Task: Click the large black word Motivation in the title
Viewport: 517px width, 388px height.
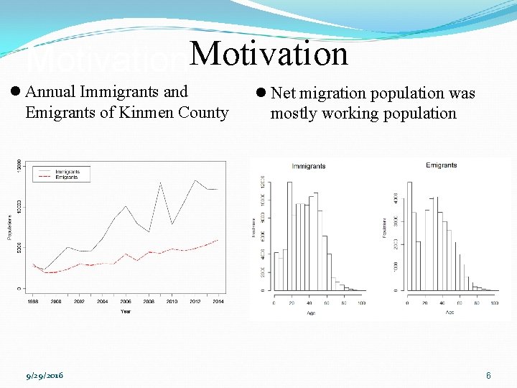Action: pos(269,54)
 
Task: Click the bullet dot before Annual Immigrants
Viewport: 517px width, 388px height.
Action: pos(16,92)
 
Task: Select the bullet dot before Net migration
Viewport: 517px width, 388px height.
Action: pos(261,93)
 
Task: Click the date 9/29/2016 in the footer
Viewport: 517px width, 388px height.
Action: pos(45,376)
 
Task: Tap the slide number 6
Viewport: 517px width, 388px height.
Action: pos(488,376)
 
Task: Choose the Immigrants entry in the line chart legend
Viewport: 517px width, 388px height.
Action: pos(67,172)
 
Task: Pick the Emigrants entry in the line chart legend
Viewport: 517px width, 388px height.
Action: pos(67,177)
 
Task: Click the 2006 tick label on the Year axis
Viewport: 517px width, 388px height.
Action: pos(125,302)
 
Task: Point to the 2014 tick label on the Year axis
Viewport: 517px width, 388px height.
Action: pos(218,302)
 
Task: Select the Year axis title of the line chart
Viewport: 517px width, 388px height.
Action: pos(126,311)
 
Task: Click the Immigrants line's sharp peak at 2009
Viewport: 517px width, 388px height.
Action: pos(160,183)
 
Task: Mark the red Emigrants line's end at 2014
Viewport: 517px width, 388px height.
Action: pos(218,240)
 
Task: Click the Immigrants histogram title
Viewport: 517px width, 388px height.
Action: pos(309,166)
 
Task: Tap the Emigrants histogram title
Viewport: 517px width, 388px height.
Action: pos(441,165)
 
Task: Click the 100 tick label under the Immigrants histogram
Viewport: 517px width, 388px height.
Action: pos(361,303)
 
